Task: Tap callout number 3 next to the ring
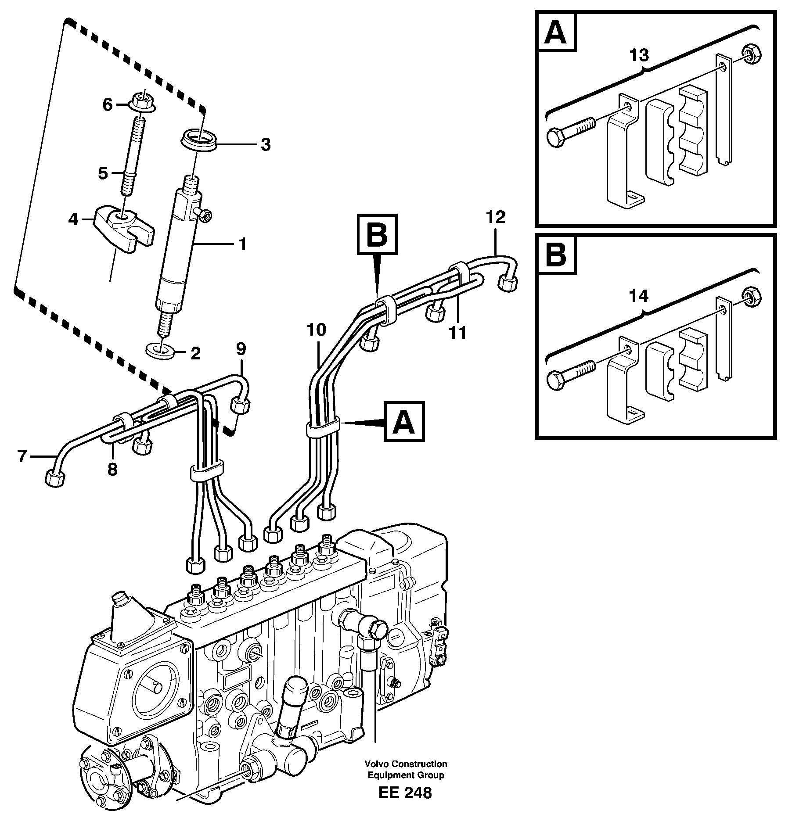pyautogui.click(x=266, y=144)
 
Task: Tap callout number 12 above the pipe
pyautogui.click(x=496, y=217)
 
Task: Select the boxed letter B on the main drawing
pyautogui.click(x=377, y=234)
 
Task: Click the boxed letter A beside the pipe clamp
pyautogui.click(x=404, y=422)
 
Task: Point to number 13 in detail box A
pyautogui.click(x=639, y=56)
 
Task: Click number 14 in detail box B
pyautogui.click(x=639, y=297)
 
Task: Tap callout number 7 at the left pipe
pyautogui.click(x=22, y=457)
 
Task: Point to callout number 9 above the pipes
pyautogui.click(x=241, y=349)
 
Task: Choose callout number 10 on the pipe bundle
pyautogui.click(x=317, y=330)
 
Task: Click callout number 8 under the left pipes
pyautogui.click(x=112, y=470)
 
